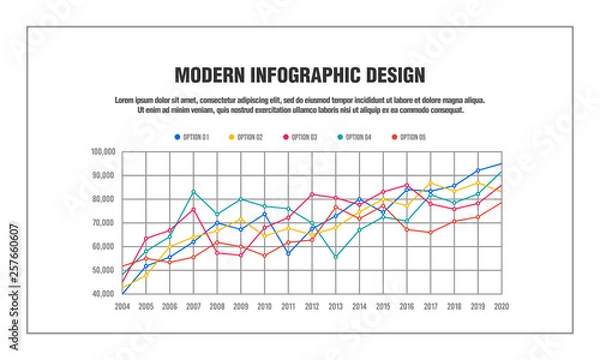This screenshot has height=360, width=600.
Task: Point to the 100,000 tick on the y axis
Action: pos(103,152)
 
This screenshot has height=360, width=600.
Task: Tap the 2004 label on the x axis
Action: pos(121,306)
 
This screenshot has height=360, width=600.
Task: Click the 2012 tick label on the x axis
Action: pos(312,306)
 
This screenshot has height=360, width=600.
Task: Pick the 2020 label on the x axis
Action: pos(501,306)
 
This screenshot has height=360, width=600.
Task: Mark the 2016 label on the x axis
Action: pos(407,306)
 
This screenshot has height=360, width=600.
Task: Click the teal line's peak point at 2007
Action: pos(193,191)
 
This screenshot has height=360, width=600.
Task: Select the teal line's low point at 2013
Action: pos(336,257)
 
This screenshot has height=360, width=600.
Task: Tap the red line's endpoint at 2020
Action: pos(501,203)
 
